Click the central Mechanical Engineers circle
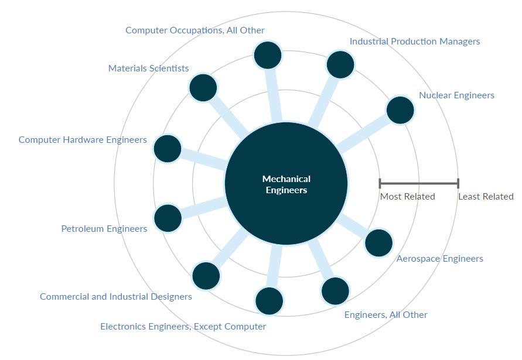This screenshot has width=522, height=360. pos(286,184)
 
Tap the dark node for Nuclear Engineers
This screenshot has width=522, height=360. pos(400,109)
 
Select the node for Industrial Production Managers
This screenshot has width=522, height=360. pos(340,64)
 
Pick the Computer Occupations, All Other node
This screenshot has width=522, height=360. pos(268,55)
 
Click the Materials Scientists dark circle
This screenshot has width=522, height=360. pos(203,88)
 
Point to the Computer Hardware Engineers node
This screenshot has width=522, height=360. pos(168,148)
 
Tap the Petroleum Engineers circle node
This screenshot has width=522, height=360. pos(168,218)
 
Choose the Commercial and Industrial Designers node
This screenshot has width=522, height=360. pos(206,276)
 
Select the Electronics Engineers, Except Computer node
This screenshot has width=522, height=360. pos(269,301)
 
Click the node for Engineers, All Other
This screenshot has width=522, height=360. pos(335,291)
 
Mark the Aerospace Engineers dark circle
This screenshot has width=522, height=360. pos(378,242)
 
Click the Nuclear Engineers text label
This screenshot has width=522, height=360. pos(456,95)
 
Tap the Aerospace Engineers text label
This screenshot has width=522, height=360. pos(439,259)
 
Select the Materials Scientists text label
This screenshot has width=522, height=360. pos(148,68)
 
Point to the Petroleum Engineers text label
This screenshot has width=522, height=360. pos(104,229)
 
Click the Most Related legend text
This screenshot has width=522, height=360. pos(407,197)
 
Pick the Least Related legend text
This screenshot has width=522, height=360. pos(486,197)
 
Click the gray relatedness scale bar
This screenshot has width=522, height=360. pos(419,184)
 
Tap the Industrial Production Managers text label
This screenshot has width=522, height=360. pos(414,42)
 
